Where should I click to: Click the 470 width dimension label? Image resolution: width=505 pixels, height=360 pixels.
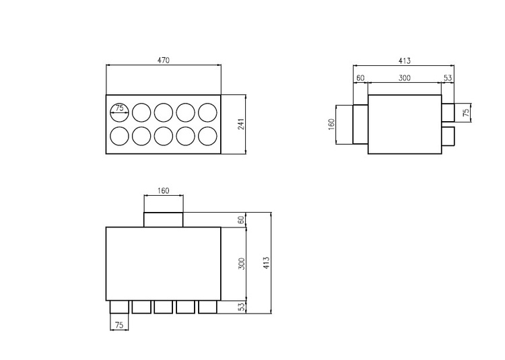click(164, 60)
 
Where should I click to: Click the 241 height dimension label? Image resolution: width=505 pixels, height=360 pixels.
click(241, 124)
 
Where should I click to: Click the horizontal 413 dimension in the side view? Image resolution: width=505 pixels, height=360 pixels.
click(404, 61)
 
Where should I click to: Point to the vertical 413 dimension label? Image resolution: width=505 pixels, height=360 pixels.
click(266, 263)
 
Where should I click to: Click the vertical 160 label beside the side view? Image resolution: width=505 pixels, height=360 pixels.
click(331, 124)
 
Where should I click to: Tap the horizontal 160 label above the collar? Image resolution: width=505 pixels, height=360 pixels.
click(164, 191)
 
